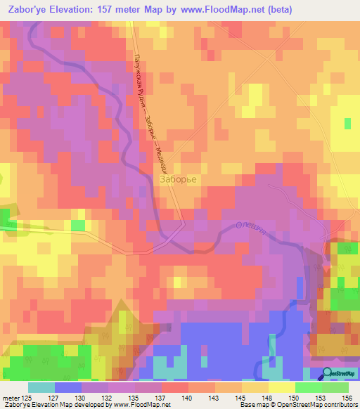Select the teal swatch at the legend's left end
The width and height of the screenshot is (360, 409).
coord(41,387)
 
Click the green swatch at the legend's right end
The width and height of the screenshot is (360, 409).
coord(335,387)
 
